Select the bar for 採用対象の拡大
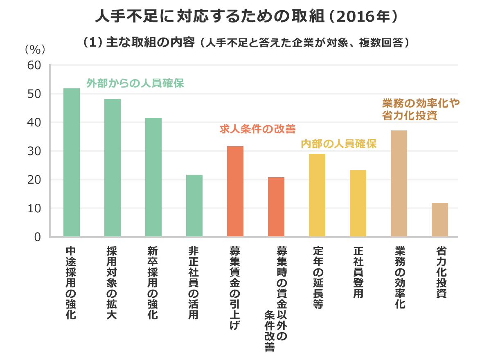click(x=113, y=168)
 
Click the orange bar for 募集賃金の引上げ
click(x=235, y=191)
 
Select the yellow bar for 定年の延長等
click(x=317, y=195)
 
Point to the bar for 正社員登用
click(x=358, y=203)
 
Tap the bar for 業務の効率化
click(x=399, y=183)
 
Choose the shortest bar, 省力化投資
click(x=440, y=220)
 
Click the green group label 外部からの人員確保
click(x=135, y=83)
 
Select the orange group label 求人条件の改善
click(x=257, y=129)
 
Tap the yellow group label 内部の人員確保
click(x=338, y=144)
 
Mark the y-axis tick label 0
click(x=38, y=237)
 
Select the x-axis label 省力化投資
click(x=440, y=272)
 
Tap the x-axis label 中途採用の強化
click(x=71, y=283)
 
